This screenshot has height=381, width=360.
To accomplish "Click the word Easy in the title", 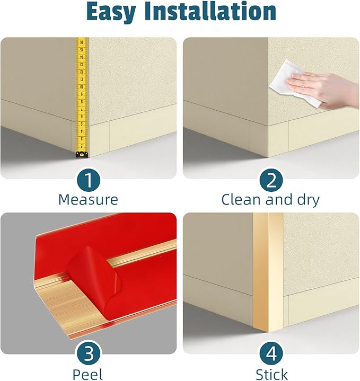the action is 111,12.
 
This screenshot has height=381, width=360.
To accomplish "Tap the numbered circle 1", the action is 89,180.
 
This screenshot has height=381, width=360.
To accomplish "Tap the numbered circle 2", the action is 271,180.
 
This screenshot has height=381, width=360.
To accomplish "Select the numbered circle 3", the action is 89,353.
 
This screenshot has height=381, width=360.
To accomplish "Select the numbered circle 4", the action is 271,353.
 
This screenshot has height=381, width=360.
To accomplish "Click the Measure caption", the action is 88,199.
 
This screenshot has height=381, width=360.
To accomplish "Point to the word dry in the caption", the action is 308,200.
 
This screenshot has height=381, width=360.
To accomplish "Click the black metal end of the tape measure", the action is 82,155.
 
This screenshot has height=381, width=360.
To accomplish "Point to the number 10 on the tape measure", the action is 82,87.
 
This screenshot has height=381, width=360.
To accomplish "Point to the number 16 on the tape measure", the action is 82,42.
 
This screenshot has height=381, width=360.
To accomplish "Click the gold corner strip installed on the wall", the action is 268,272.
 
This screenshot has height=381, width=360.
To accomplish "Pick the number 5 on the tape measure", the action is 82,124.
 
